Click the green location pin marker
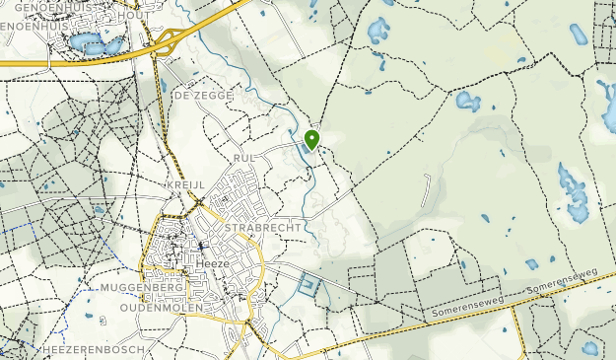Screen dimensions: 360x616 [312, 139]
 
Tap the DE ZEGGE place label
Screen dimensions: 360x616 [203, 96]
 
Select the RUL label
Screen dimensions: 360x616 [244, 158]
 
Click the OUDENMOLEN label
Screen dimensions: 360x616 [147, 307]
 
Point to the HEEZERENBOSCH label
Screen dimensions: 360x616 [95, 350]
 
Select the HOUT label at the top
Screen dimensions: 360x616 [134, 16]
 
